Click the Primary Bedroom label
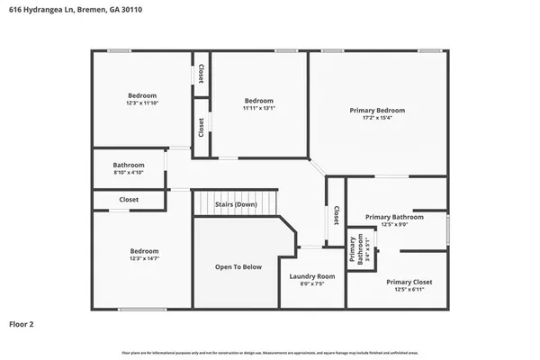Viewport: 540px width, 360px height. [x=377, y=110]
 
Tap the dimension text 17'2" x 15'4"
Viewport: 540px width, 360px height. [x=377, y=118]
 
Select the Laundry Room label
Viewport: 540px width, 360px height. [x=312, y=276]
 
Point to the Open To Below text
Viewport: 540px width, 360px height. [x=238, y=267]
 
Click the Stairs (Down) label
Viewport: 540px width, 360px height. [x=236, y=205]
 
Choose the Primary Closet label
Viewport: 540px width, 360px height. [x=397, y=282]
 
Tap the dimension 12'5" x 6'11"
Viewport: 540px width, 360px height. [x=397, y=290]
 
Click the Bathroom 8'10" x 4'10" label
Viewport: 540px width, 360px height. [x=129, y=168]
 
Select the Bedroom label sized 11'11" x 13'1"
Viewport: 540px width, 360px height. [x=258, y=104]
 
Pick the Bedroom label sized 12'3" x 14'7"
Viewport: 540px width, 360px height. [x=144, y=255]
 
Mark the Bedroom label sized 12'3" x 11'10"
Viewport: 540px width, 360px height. [x=142, y=99]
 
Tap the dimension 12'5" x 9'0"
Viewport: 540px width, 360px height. [x=394, y=225]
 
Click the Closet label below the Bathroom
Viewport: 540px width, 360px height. [x=129, y=199]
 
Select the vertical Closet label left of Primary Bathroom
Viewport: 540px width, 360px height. [x=336, y=215]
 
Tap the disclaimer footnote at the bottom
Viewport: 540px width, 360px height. [x=270, y=352]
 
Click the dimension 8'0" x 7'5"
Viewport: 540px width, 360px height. [x=312, y=284]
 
